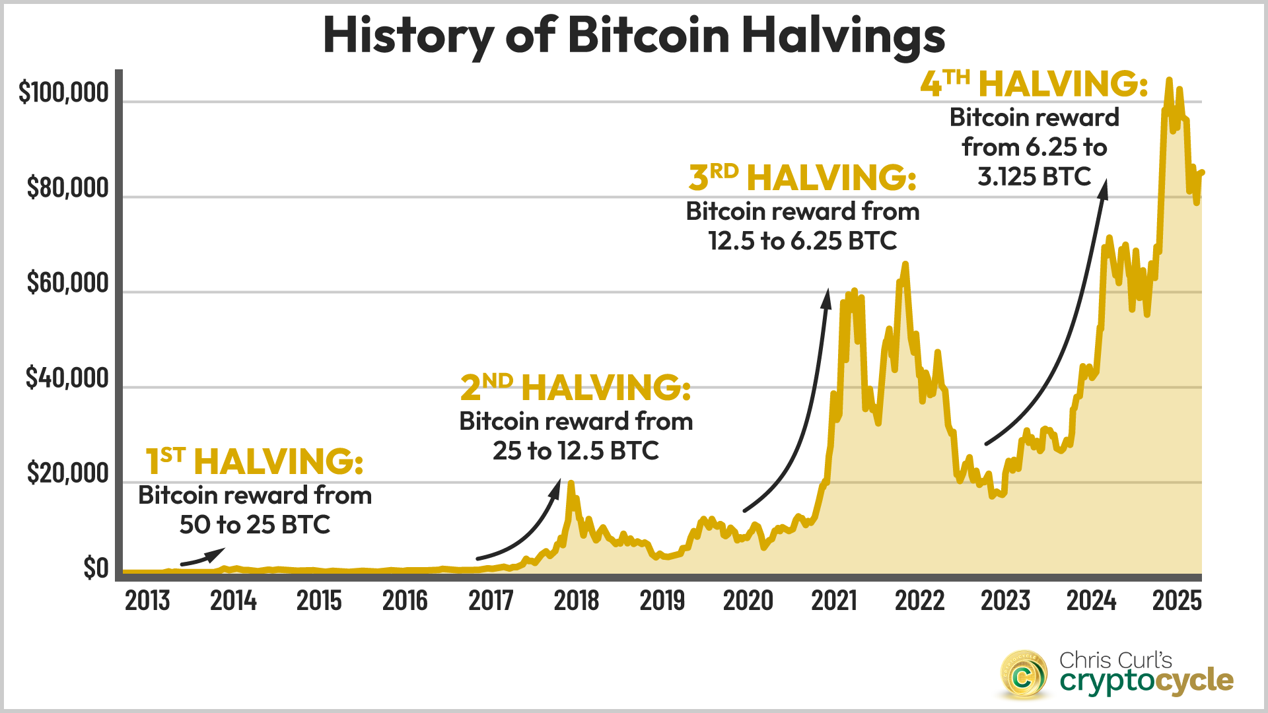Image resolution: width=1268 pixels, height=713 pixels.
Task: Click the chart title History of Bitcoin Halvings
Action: coord(634,36)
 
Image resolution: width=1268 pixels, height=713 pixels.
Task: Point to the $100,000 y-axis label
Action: coord(63,92)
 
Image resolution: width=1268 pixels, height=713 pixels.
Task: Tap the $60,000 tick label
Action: coord(67,283)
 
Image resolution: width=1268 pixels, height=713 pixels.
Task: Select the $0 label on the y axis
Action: coord(96,568)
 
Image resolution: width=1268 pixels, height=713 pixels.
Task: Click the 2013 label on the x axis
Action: coord(147,601)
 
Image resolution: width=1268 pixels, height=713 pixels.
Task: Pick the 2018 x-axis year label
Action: coord(577,601)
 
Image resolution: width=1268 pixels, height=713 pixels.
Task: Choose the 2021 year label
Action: coord(834,601)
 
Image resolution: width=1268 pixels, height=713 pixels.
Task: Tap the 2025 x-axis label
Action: coord(1177,601)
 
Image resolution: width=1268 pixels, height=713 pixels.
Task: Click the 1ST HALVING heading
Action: coord(254,461)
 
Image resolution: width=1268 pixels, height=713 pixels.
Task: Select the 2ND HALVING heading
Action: coord(575,387)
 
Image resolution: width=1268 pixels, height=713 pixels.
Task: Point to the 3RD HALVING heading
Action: coord(802,177)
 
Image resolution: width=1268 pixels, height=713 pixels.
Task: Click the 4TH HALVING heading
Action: coord(1034,84)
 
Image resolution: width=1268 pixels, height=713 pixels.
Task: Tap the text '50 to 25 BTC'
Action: coord(254,525)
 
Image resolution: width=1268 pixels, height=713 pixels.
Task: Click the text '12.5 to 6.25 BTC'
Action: coord(802,241)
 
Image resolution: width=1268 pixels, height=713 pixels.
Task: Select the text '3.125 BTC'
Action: coord(1034,177)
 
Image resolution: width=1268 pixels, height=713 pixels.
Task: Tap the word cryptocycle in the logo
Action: coord(1146,681)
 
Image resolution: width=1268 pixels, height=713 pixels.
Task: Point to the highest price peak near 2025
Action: coord(1169,81)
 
